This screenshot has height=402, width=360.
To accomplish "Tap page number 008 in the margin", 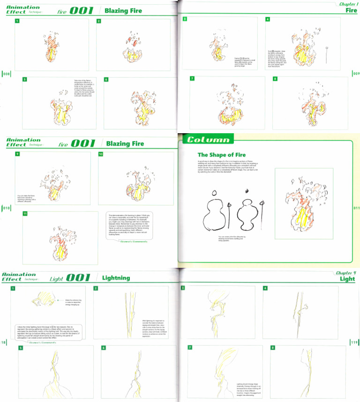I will (x=6, y=74).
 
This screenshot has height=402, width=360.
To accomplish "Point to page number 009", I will (x=356, y=74).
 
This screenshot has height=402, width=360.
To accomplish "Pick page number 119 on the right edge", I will (x=354, y=342).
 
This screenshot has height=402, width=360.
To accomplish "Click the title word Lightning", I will (x=116, y=278).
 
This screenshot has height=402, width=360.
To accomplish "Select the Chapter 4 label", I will (x=346, y=273).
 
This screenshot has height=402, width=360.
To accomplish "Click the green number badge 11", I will (x=25, y=214).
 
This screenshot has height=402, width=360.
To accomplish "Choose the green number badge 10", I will (x=100, y=154).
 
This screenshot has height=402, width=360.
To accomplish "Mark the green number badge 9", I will (x=17, y=154).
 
